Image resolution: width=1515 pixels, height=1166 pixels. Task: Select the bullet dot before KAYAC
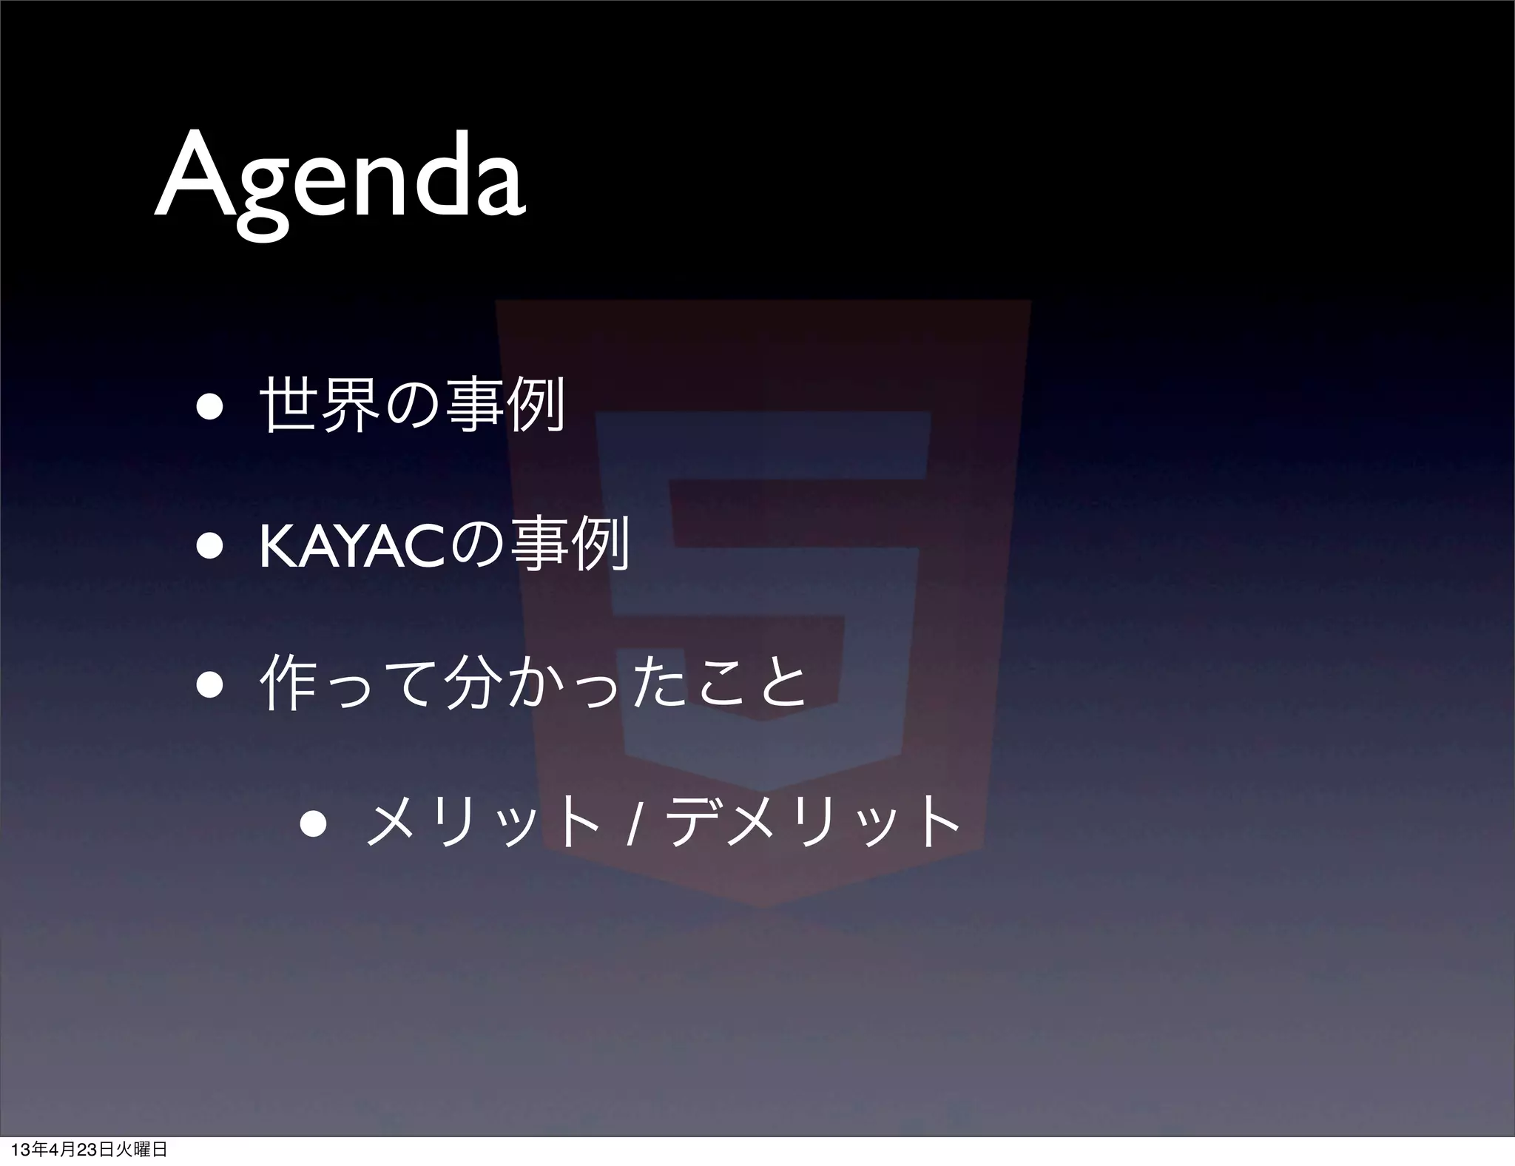(x=210, y=548)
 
